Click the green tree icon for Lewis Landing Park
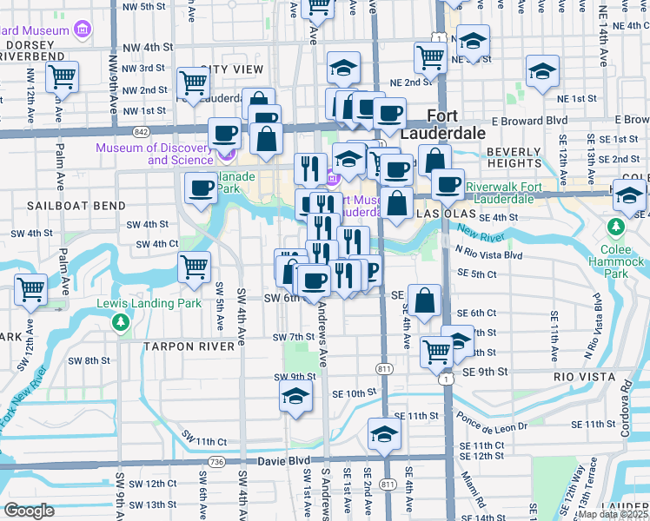[120, 323]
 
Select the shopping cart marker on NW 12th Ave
[62, 78]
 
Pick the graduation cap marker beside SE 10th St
[295, 398]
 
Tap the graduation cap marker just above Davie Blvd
[383, 435]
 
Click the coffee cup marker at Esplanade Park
[201, 188]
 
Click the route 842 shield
[141, 131]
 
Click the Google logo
[29, 511]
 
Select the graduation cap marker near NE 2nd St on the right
[541, 74]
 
